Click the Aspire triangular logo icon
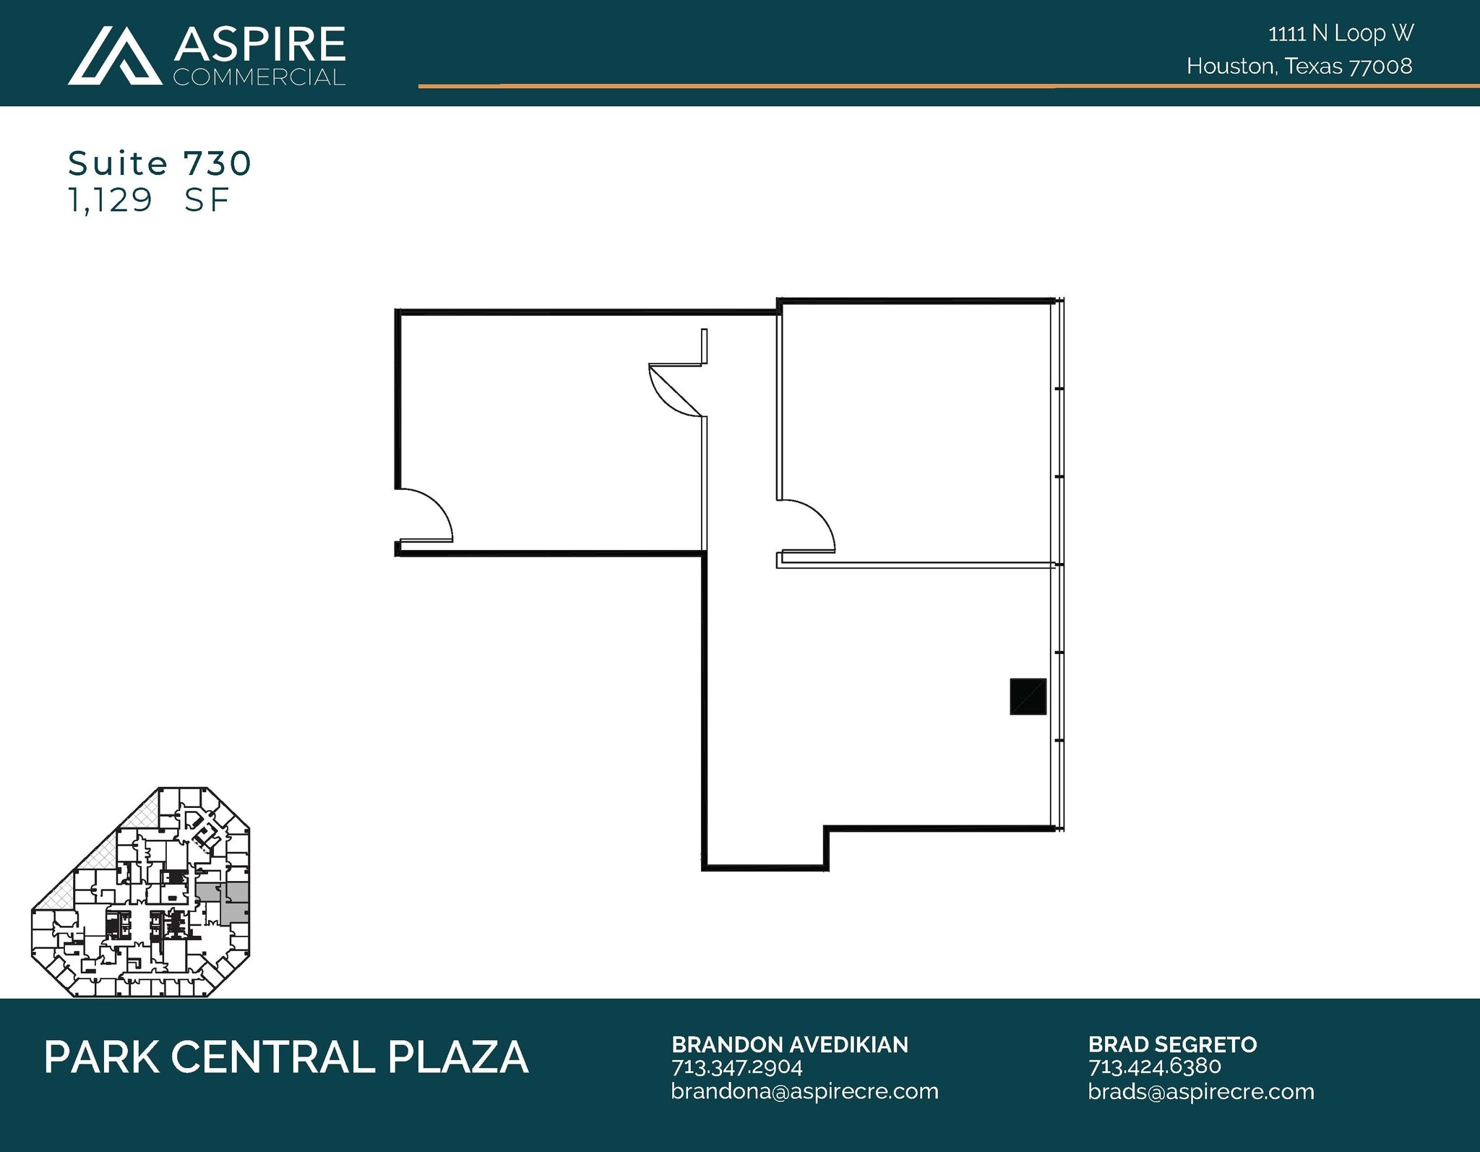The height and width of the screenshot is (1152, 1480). [115, 57]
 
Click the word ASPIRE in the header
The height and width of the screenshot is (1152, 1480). [259, 45]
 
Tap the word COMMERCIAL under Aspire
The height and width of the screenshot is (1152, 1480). [259, 77]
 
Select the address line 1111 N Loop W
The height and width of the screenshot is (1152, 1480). [1341, 33]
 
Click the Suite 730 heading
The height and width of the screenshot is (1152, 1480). [160, 163]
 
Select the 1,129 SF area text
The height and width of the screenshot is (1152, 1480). [148, 200]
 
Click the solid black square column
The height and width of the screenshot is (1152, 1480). [1028, 697]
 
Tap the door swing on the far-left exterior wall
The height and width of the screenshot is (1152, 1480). [425, 515]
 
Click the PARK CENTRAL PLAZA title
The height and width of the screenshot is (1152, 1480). [286, 1057]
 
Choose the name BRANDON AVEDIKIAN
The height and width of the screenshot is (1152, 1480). [790, 1044]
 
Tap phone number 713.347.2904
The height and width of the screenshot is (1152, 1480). [737, 1067]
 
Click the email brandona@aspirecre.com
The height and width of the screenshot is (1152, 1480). [804, 1091]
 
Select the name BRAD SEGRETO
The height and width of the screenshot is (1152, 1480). [1172, 1044]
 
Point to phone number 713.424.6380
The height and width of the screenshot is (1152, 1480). [1154, 1067]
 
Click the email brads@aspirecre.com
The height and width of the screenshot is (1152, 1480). [1201, 1091]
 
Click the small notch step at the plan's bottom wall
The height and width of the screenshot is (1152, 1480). [826, 847]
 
